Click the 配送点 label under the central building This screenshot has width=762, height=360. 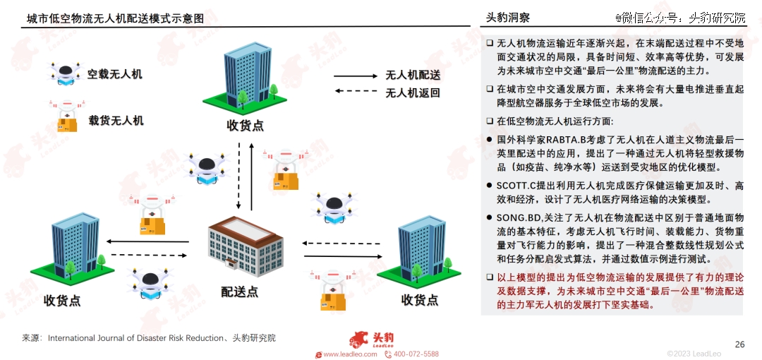point(240,292)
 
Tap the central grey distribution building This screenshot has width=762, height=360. point(246,246)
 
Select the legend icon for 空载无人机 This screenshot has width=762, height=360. point(66,74)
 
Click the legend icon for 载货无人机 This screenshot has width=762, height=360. point(66,116)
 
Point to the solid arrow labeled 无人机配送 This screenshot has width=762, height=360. point(356,76)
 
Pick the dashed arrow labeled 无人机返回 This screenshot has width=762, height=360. point(356,91)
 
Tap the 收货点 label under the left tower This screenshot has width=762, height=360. point(61,301)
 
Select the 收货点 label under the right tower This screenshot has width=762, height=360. point(420,300)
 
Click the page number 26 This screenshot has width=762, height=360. point(739,344)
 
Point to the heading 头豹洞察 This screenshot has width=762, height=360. point(508,18)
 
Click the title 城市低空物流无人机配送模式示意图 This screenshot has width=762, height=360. point(116,18)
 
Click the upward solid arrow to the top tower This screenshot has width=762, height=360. point(251,177)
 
